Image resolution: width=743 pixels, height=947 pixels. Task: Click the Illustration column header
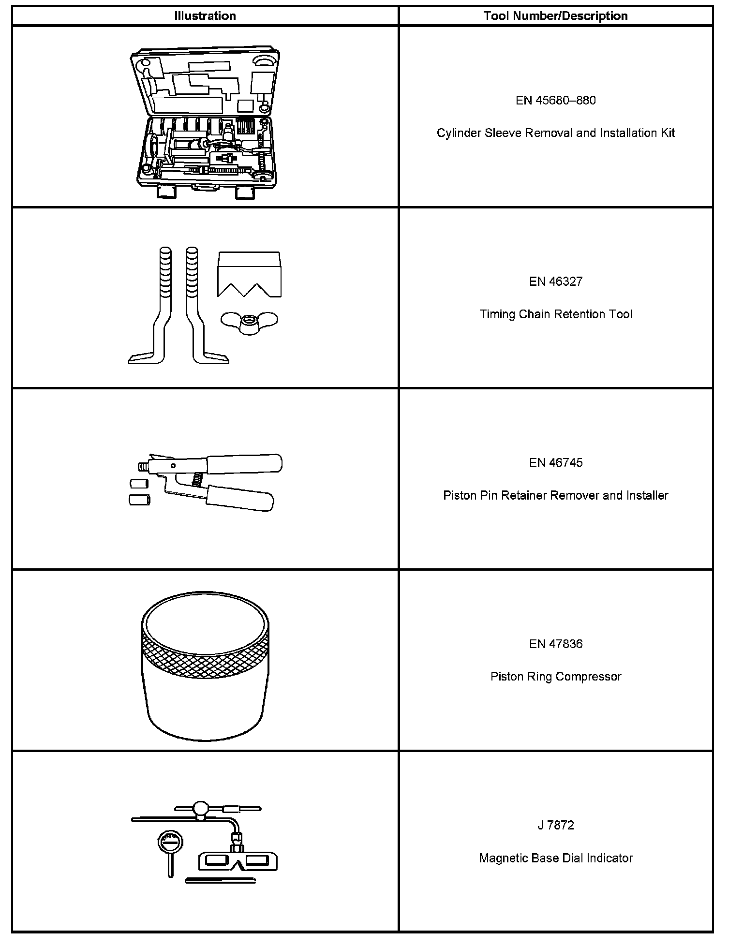coord(205,16)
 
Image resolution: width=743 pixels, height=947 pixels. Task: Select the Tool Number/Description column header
coord(555,16)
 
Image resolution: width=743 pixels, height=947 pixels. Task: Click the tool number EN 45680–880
coord(555,101)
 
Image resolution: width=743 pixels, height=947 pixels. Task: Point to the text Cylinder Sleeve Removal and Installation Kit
coord(555,133)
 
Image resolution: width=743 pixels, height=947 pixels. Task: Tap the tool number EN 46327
coord(555,281)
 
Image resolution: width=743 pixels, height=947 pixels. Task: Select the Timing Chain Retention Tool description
coord(555,314)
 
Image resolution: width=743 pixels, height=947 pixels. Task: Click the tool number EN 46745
coord(555,463)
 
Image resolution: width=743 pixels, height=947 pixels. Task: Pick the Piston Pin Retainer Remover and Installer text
coord(555,496)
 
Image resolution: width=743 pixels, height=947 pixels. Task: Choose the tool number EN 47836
coord(555,644)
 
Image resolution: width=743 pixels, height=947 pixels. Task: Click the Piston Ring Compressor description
coord(555,677)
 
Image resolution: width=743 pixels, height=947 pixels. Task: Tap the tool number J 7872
coord(555,825)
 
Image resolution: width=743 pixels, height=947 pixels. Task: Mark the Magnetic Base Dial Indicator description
coord(555,858)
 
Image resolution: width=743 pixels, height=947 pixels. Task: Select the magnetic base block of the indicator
coord(238,861)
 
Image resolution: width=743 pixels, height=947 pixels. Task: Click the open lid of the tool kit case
coord(206,82)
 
